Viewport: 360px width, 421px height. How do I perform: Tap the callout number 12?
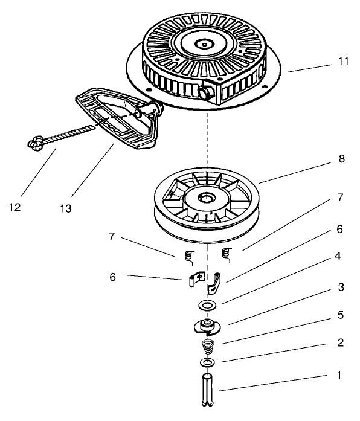pos(15,207)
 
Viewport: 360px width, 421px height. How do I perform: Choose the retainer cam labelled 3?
pos(207,327)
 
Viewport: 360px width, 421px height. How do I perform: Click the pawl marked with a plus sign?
pos(193,279)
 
